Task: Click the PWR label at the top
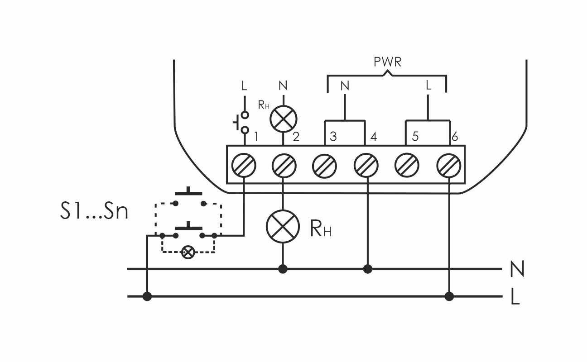387,62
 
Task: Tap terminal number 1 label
256,137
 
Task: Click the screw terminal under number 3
324,166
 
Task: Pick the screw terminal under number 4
366,166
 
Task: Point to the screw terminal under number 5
407,166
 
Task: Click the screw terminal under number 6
448,166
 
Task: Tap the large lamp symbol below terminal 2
283,226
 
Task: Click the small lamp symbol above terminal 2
283,119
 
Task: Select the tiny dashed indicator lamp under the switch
187,252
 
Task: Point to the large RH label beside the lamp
321,229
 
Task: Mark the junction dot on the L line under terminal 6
449,296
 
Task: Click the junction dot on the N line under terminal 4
367,269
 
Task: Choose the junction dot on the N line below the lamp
283,269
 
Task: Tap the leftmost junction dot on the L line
147,296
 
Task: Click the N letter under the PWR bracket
345,86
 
